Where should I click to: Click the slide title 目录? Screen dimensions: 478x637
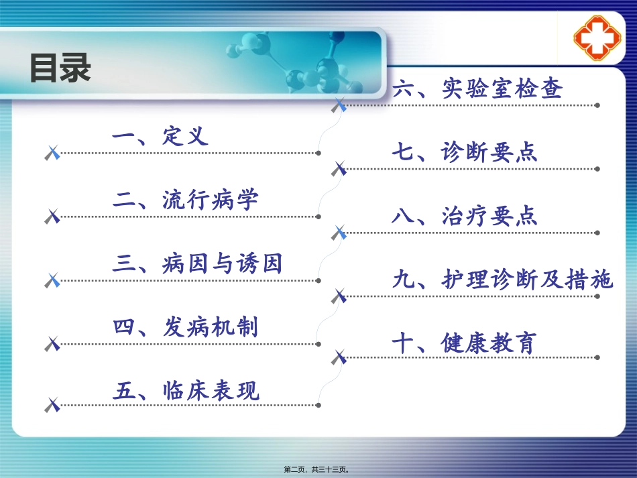(60, 68)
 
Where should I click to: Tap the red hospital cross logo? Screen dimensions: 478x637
(596, 39)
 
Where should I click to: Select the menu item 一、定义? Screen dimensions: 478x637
(160, 137)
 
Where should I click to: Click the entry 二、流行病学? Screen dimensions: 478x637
(185, 200)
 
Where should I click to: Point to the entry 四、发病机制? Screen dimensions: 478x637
(185, 327)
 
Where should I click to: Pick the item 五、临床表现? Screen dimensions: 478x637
(185, 390)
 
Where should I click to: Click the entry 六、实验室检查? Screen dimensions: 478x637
(477, 88)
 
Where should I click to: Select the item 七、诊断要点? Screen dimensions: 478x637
(465, 153)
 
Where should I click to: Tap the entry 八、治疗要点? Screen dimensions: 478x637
(465, 216)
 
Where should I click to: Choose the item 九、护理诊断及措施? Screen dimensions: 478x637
(502, 280)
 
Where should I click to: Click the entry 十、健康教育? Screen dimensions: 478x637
(465, 343)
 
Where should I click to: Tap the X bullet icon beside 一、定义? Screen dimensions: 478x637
(52, 154)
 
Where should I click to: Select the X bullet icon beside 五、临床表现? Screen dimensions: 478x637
(52, 405)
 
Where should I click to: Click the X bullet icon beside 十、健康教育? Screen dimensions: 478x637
(339, 358)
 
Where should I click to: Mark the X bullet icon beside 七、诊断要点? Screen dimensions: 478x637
(339, 169)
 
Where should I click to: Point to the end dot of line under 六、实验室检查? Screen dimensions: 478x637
(597, 105)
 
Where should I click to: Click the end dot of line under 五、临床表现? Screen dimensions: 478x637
(318, 405)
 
